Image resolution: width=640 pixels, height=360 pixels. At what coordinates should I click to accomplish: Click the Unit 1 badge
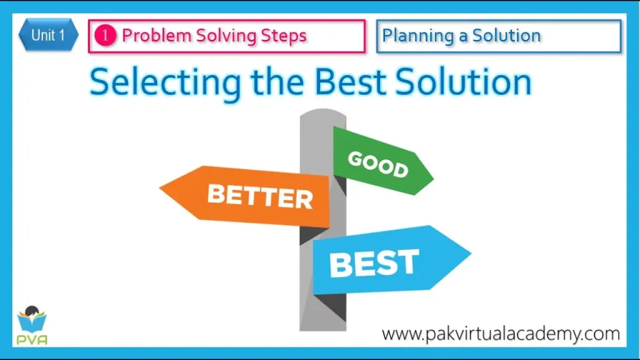tap(48, 36)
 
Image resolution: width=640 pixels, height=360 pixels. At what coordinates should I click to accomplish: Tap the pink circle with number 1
tap(105, 36)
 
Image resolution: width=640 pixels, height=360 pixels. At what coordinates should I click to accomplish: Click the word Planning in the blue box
tap(418, 36)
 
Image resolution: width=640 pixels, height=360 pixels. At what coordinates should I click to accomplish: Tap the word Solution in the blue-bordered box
tap(506, 36)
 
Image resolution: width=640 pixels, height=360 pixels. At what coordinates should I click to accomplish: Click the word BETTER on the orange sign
tap(259, 196)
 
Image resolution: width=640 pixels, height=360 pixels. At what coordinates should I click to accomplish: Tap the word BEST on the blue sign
tap(374, 262)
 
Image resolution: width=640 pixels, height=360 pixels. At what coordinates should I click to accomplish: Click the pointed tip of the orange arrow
tap(162, 186)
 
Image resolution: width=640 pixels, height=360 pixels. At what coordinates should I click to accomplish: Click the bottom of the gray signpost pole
tap(322, 327)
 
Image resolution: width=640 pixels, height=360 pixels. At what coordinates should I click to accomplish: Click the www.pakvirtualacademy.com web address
tap(500, 333)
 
